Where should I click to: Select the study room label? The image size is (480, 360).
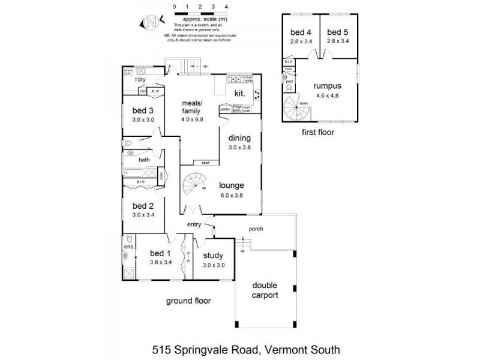click(213, 256)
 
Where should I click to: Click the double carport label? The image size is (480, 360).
click(265, 290)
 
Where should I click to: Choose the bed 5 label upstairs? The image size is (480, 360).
click(338, 32)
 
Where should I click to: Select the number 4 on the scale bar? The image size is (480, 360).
click(226, 5)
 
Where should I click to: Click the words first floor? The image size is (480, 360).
click(319, 131)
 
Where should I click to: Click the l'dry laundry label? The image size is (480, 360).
click(141, 79)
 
